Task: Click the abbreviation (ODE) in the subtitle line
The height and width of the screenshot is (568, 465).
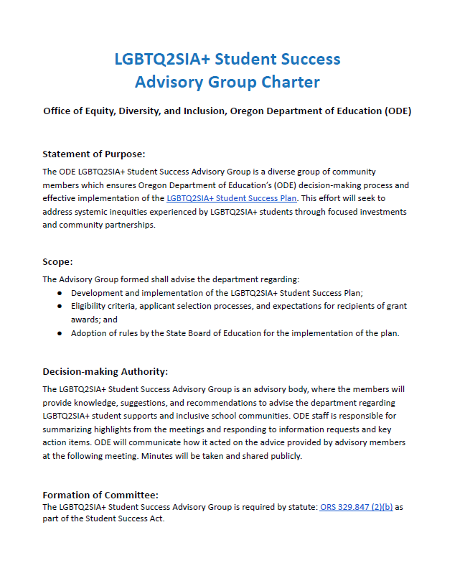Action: click(398, 111)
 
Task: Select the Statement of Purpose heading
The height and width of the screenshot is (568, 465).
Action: click(93, 154)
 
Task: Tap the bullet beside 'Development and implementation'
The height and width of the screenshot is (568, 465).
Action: click(60, 293)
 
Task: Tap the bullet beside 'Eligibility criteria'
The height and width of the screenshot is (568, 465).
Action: click(60, 306)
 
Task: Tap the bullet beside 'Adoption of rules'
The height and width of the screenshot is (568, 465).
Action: click(60, 333)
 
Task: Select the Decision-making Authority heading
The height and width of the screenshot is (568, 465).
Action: click(105, 371)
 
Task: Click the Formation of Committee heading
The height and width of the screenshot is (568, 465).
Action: click(100, 495)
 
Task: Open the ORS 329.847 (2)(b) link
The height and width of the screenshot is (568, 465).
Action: click(356, 507)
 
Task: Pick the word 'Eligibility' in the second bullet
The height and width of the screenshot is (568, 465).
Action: click(91, 306)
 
